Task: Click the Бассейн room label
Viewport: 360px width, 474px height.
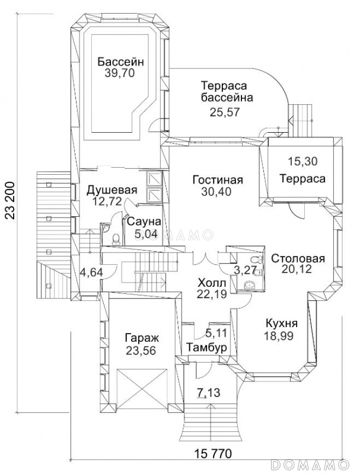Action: pyautogui.click(x=120, y=62)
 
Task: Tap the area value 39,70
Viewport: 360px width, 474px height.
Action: pyautogui.click(x=119, y=73)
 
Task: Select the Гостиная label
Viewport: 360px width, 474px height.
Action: pyautogui.click(x=218, y=180)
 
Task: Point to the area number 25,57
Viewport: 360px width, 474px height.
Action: pyautogui.click(x=224, y=112)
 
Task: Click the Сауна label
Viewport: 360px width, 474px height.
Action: pyautogui.click(x=144, y=222)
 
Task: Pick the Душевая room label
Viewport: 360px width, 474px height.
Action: pyautogui.click(x=112, y=190)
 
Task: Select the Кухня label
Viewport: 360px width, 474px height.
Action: pyautogui.click(x=281, y=324)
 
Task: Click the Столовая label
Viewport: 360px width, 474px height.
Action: pyautogui.click(x=298, y=259)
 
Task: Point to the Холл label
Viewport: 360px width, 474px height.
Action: pyautogui.click(x=212, y=283)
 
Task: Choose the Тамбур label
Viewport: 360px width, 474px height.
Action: pyautogui.click(x=206, y=348)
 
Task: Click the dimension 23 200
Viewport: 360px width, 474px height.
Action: pyautogui.click(x=9, y=200)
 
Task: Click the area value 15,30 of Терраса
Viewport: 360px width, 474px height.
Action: pyautogui.click(x=302, y=161)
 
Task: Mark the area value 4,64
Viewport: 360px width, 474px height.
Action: pyautogui.click(x=91, y=272)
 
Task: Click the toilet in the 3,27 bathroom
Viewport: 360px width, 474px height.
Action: pyautogui.click(x=257, y=260)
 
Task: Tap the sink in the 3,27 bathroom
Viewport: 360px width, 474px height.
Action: pyautogui.click(x=249, y=284)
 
